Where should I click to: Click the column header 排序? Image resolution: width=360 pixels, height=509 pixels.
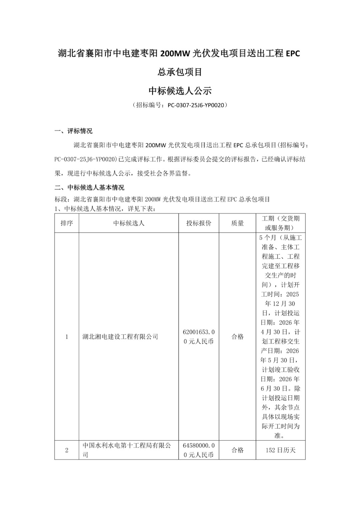[67, 223]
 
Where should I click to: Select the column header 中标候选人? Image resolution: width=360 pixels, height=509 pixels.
[129, 223]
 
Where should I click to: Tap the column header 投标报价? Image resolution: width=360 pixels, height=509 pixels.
[199, 223]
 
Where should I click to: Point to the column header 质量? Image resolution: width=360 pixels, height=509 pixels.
[237, 223]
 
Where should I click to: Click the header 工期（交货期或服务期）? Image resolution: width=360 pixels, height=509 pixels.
[280, 223]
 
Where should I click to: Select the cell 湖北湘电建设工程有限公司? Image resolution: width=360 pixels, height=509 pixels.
[120, 337]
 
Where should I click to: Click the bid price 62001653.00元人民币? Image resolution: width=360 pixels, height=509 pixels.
[199, 337]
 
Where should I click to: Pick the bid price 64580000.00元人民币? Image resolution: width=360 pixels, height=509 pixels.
[199, 450]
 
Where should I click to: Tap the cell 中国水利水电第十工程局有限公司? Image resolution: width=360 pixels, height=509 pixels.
[127, 450]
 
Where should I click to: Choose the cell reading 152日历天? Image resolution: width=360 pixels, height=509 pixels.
[280, 450]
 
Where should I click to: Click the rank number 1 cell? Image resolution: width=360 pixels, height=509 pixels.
[67, 337]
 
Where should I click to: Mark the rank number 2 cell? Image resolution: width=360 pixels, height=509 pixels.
[67, 450]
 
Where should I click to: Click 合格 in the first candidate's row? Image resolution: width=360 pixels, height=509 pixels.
[237, 337]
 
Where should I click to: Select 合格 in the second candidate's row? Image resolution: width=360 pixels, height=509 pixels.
[237, 450]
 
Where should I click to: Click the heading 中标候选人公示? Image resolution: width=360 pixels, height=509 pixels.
[180, 91]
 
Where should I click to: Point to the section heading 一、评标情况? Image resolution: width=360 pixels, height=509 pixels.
[74, 131]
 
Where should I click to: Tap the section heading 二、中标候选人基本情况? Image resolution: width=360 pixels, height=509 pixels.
[89, 187]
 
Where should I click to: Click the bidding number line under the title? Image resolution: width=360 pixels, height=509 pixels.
[180, 105]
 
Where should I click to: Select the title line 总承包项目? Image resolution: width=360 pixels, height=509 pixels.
[180, 72]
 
